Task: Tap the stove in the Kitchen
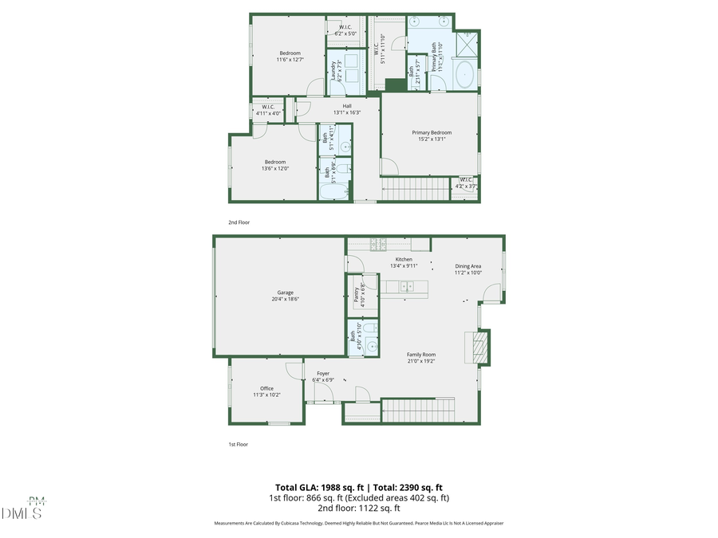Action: coord(377,243)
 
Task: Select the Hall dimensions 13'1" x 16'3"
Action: coord(347,112)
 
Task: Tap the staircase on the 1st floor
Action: coord(418,410)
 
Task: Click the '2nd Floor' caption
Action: coord(239,222)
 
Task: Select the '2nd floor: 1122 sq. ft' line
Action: coord(358,508)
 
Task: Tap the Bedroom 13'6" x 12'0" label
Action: coord(274,165)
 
